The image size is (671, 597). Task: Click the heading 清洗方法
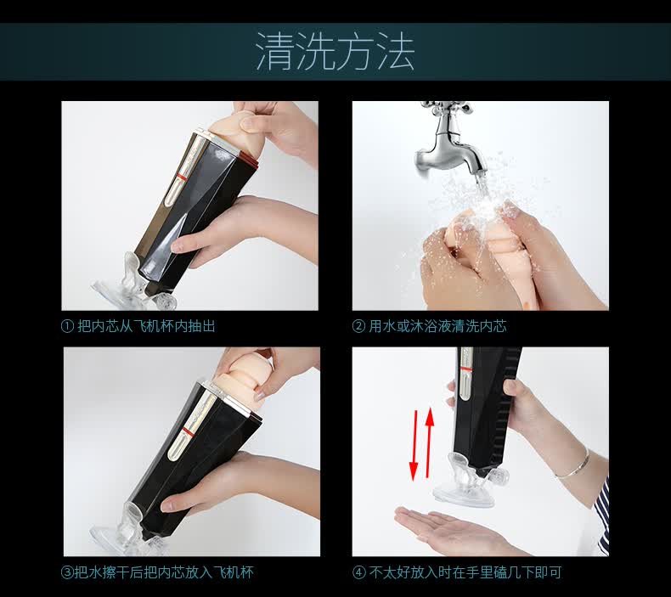(335, 51)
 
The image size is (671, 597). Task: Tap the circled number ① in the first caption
(68, 327)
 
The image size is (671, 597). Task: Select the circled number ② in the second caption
(358, 327)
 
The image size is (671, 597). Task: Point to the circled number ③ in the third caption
(68, 572)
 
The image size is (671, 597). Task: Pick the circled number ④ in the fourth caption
(358, 572)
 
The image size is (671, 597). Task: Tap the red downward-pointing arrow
(414, 445)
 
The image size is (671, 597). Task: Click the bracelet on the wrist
(573, 464)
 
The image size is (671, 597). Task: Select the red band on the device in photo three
(187, 430)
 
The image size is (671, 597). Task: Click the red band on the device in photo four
(466, 369)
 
